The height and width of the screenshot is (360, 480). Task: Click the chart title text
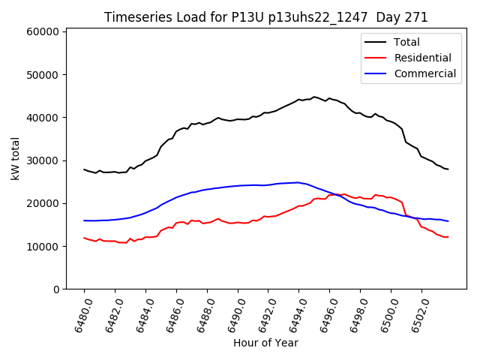tap(265, 17)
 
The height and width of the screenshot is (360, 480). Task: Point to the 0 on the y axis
tap(56, 289)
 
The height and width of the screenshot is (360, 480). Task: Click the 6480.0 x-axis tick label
tap(78, 313)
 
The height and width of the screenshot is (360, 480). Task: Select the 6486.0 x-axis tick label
tap(170, 313)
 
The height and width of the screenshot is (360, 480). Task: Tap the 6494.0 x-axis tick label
tap(293, 313)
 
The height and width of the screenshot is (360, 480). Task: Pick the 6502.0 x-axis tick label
tap(415, 313)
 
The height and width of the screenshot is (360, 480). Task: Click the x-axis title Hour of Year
tap(265, 343)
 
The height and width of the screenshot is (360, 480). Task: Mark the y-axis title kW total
tap(15, 159)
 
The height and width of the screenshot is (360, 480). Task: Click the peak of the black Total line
tap(314, 97)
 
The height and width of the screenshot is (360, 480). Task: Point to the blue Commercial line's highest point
tap(298, 182)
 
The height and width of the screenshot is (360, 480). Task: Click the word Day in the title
tap(395, 17)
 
